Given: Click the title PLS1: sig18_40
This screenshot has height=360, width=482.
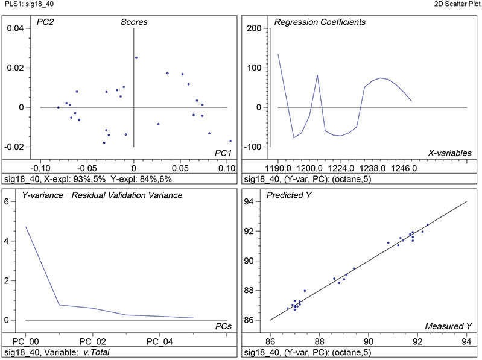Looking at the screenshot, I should [25, 4].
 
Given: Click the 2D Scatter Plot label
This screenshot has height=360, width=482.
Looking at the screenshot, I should [457, 4].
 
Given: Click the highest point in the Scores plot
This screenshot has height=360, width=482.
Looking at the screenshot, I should [136, 58].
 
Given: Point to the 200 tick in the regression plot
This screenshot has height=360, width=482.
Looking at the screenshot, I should [253, 28].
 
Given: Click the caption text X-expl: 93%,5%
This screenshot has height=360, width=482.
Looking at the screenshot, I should [66, 179].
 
